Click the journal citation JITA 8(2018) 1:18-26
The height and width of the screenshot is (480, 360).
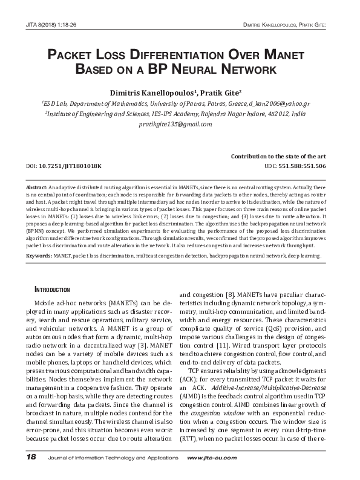coord(52,25)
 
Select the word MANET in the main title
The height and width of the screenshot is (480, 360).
coord(281,56)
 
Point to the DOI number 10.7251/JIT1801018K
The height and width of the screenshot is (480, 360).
coord(71,165)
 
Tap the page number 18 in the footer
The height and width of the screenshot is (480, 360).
coord(31,455)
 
